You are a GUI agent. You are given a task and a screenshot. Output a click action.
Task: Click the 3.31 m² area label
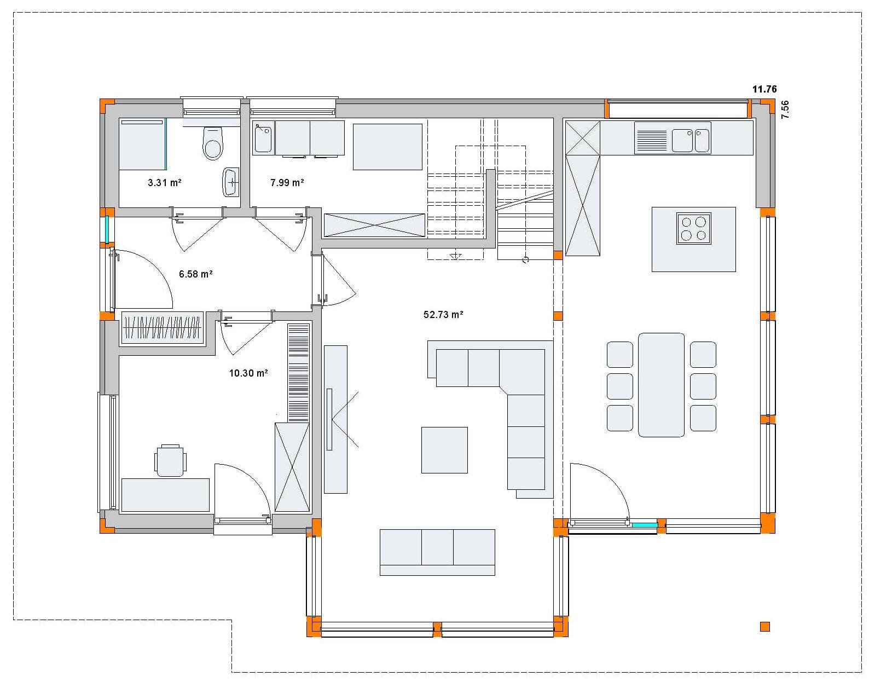tap(164, 183)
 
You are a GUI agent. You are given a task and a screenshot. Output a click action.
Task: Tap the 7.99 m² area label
tap(287, 183)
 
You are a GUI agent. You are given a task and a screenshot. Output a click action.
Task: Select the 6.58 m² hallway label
tap(195, 274)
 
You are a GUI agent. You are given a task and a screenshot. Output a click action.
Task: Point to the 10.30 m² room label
tap(248, 373)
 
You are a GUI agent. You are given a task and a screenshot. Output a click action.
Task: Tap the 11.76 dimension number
tap(764, 89)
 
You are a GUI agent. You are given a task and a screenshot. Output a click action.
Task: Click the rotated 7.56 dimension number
tap(785, 109)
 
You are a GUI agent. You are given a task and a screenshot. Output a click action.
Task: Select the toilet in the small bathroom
tap(213, 143)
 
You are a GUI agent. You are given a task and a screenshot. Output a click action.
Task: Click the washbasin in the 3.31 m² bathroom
tap(230, 183)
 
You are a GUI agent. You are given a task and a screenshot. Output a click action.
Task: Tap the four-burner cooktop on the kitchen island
tap(694, 228)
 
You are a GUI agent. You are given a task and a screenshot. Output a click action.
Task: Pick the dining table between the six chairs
tap(661, 385)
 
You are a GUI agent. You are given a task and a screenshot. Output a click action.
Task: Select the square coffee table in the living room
tap(444, 450)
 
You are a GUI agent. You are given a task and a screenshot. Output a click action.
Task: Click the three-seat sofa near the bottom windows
tap(438, 552)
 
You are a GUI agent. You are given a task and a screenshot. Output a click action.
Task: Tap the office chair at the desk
tap(171, 460)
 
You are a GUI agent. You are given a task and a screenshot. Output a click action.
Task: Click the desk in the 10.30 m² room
tap(165, 495)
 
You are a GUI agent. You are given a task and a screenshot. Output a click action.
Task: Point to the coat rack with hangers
tap(163, 328)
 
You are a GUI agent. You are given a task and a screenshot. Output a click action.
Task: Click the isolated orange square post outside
tap(765, 627)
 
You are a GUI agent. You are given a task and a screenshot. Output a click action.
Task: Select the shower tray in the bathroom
tap(143, 144)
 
